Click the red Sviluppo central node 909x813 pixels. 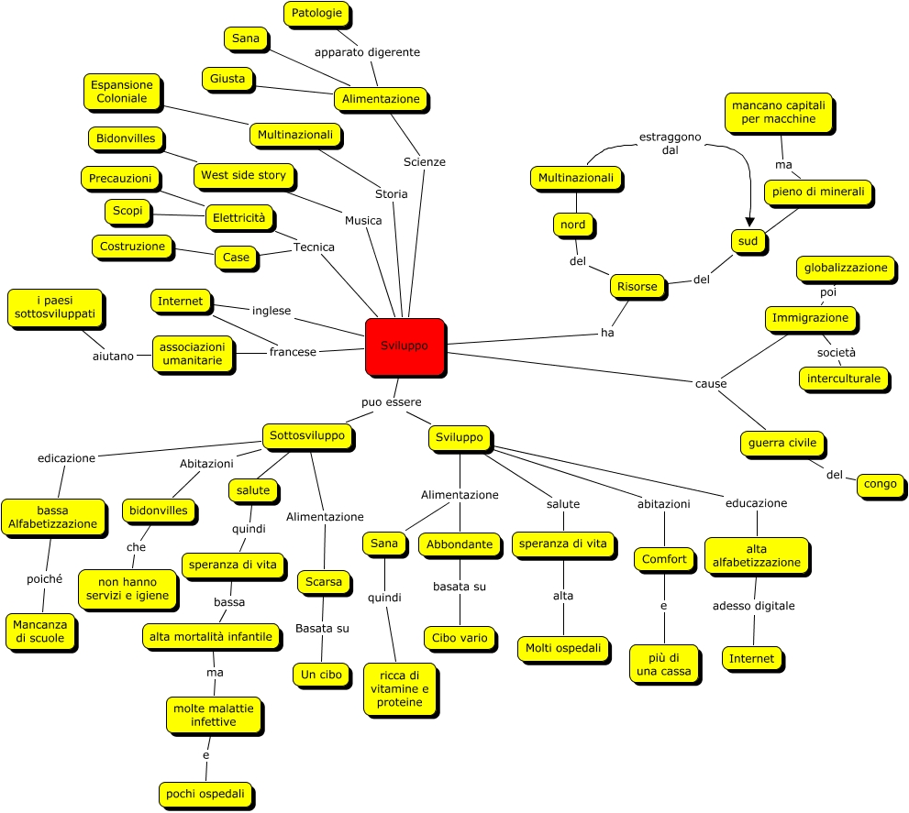[x=405, y=346]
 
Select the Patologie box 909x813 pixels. [x=317, y=14]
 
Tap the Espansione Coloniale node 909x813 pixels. [x=121, y=92]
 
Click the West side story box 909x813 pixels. [x=243, y=175]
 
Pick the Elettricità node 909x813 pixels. [x=238, y=218]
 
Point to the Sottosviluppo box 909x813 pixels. [x=307, y=436]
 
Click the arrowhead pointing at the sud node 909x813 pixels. [x=749, y=223]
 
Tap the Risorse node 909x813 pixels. [x=637, y=287]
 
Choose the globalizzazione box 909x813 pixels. [x=846, y=269]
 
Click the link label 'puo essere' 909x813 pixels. [x=391, y=401]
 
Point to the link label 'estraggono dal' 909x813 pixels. [x=670, y=144]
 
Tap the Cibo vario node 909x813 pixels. [x=460, y=638]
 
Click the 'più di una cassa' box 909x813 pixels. [x=665, y=665]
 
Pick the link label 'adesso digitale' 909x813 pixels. [x=754, y=606]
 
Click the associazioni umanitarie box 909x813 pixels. [x=192, y=355]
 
